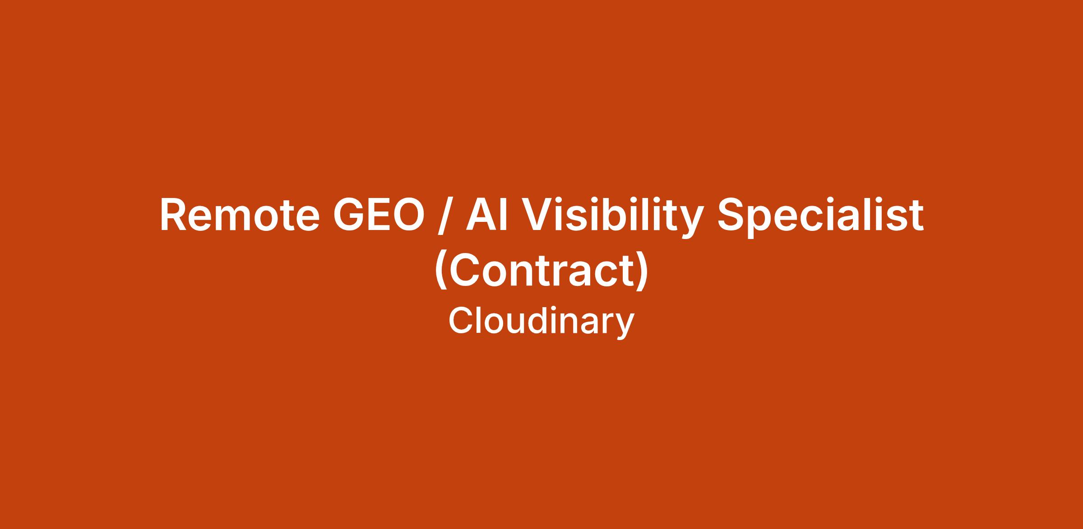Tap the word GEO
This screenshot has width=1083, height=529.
(379, 216)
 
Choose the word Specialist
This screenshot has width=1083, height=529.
(820, 218)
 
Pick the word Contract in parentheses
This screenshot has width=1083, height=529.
(542, 271)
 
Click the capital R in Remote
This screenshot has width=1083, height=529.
(174, 216)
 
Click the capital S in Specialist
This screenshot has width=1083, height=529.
(731, 216)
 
